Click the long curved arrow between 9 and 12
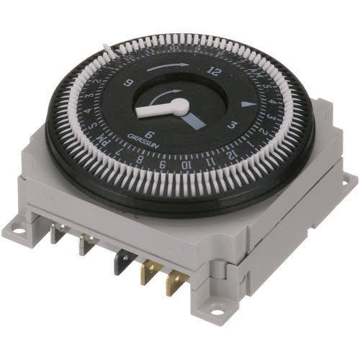point(171,67)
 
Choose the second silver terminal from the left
point(86,245)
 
